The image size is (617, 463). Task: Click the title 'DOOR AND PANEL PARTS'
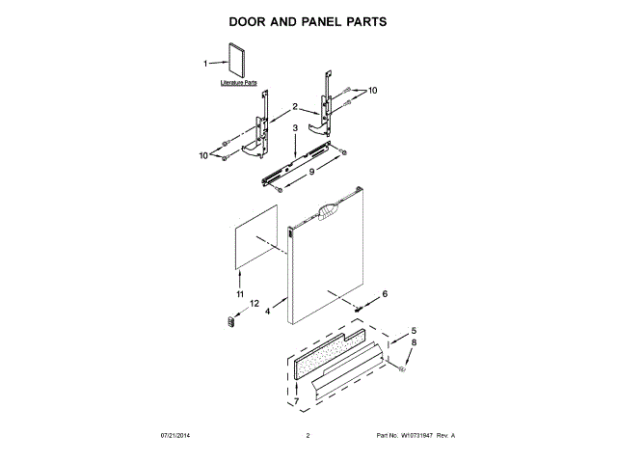[308, 19]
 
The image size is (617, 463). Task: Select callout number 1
[205, 64]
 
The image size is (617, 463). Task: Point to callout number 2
[282, 106]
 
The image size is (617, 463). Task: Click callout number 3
[294, 127]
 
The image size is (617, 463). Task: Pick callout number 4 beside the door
[268, 311]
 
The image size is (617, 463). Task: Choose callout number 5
[416, 329]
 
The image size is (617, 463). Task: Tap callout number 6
[385, 293]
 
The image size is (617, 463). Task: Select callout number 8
[416, 342]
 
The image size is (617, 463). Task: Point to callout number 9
[311, 173]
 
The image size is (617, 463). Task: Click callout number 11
[240, 293]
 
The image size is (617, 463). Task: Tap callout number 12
[254, 304]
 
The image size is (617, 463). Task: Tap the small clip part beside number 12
[230, 322]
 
